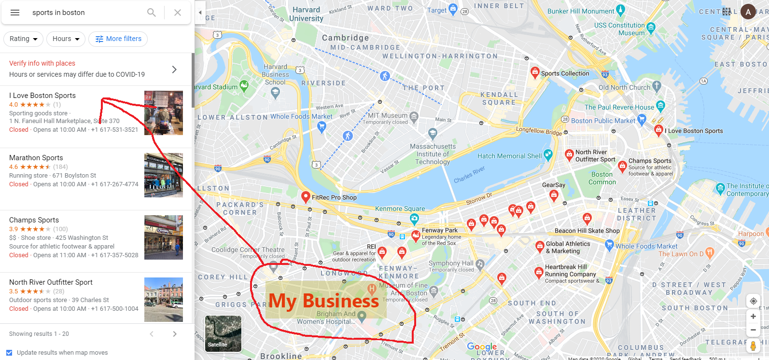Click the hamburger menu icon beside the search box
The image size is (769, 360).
click(x=15, y=13)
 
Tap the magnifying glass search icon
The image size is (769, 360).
click(x=152, y=13)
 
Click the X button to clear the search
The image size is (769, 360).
click(x=178, y=13)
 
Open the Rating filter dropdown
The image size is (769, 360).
click(x=23, y=39)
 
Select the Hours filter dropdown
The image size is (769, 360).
click(x=66, y=39)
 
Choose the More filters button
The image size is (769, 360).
click(x=118, y=39)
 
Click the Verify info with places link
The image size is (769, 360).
click(x=42, y=63)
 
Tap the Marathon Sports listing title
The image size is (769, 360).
click(x=36, y=158)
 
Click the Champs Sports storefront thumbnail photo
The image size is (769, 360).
click(x=164, y=237)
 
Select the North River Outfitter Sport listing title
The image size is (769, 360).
click(x=51, y=282)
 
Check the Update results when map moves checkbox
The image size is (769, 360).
click(x=9, y=353)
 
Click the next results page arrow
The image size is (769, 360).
click(x=175, y=334)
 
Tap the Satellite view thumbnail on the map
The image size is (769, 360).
click(x=223, y=333)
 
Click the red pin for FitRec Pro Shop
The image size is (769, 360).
click(x=306, y=196)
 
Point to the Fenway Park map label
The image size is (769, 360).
click(x=439, y=231)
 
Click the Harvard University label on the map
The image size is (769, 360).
click(x=306, y=14)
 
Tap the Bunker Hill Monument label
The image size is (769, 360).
click(x=581, y=11)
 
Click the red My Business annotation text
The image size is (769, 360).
click(x=323, y=301)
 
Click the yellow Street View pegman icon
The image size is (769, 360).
click(x=753, y=346)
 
